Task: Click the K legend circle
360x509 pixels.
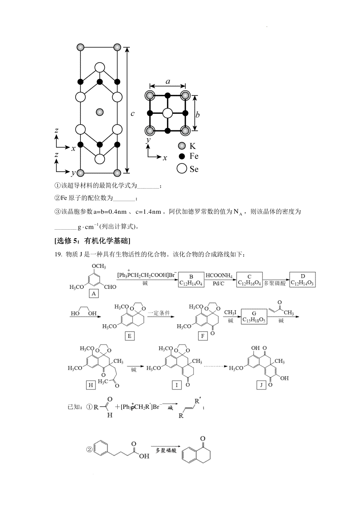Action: pyautogui.click(x=182, y=146)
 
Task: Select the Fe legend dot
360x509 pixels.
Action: pyautogui.click(x=182, y=156)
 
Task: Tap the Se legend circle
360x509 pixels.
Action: pyautogui.click(x=182, y=168)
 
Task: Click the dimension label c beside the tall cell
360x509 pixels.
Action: pyautogui.click(x=133, y=113)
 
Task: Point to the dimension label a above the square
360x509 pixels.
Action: pyautogui.click(x=168, y=81)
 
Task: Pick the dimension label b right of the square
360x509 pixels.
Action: pyautogui.click(x=197, y=115)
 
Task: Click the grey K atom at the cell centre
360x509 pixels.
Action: pyautogui.click(x=100, y=112)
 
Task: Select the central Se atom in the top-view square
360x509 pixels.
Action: pyautogui.click(x=168, y=113)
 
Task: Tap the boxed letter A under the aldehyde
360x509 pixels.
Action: pyautogui.click(x=94, y=294)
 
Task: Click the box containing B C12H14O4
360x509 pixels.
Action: pyautogui.click(x=191, y=280)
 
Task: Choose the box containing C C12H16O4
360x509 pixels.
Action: pyautogui.click(x=250, y=279)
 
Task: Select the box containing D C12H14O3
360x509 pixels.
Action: pyautogui.click(x=302, y=279)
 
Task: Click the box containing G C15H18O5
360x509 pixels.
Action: pyautogui.click(x=254, y=316)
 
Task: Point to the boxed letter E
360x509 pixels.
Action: pyautogui.click(x=130, y=336)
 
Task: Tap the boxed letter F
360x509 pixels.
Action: pyautogui.click(x=203, y=336)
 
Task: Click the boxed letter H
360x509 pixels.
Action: pyautogui.click(x=91, y=385)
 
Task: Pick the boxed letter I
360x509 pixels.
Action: pyautogui.click(x=177, y=385)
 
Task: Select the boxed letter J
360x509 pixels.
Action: pyautogui.click(x=261, y=385)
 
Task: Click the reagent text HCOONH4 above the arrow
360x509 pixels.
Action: pyautogui.click(x=219, y=275)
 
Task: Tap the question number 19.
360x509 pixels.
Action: pyautogui.click(x=58, y=254)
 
